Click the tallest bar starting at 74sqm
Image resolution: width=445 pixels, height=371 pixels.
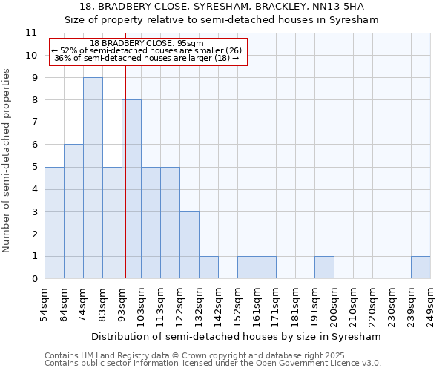coord(93,178)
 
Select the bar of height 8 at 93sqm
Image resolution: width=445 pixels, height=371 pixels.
coord(131,189)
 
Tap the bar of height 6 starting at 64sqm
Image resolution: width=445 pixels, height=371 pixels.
coord(73,211)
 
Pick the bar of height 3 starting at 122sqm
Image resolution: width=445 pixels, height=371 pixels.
coord(189,245)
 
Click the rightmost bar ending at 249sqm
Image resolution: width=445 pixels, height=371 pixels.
coord(421,267)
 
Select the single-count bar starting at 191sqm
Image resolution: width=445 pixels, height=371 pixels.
coord(324,267)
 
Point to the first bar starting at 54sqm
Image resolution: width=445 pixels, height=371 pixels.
coord(54,223)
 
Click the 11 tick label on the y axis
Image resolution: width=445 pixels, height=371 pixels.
coord(31,33)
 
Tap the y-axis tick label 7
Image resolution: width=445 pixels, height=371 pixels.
coord(34,122)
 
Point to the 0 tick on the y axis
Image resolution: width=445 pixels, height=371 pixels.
coord(34,279)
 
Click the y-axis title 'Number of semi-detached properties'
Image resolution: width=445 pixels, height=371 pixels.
coord(7,160)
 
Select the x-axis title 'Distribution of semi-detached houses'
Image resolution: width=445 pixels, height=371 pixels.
coord(237,336)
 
